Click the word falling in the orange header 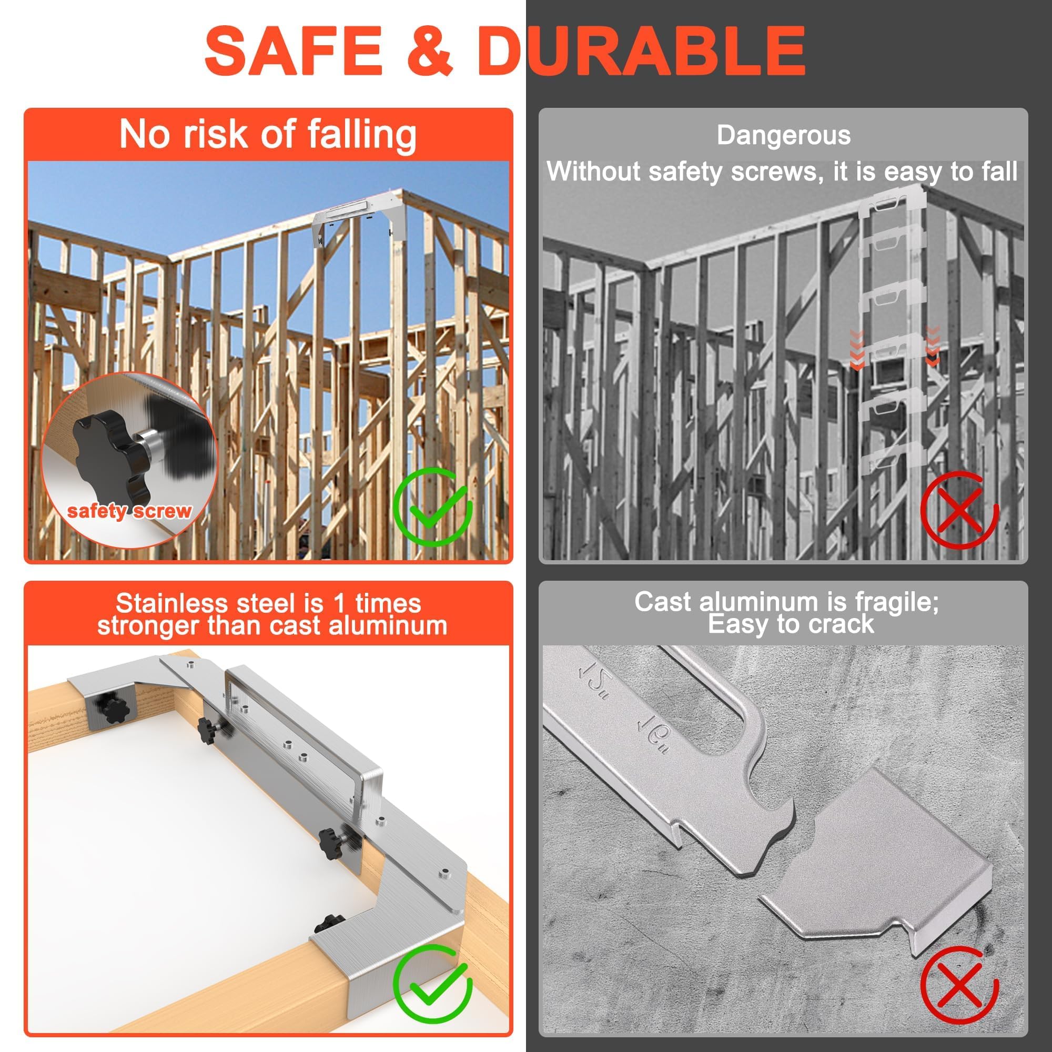coord(361,135)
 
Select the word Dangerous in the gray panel coord(783,136)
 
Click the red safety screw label coord(129,511)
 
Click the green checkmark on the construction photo coord(433,507)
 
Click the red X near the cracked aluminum coord(959,985)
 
